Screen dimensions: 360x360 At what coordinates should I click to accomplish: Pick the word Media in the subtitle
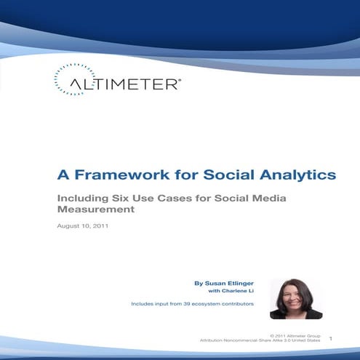[243, 198]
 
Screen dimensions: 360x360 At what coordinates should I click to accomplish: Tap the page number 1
[331, 338]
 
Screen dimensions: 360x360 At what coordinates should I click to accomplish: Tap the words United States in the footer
[305, 340]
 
